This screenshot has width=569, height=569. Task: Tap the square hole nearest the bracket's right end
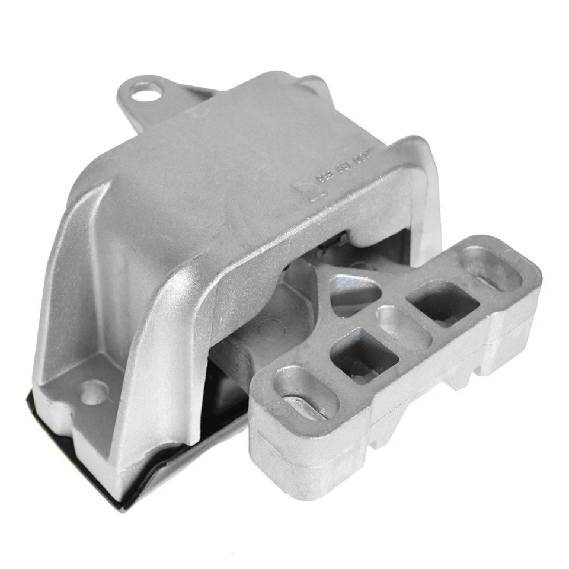[x=445, y=302]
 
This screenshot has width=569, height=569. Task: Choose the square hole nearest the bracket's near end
[x=362, y=354]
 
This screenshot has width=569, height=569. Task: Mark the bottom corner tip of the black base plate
[x=122, y=509]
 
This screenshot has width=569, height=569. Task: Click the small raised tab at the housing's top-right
[x=312, y=83]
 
